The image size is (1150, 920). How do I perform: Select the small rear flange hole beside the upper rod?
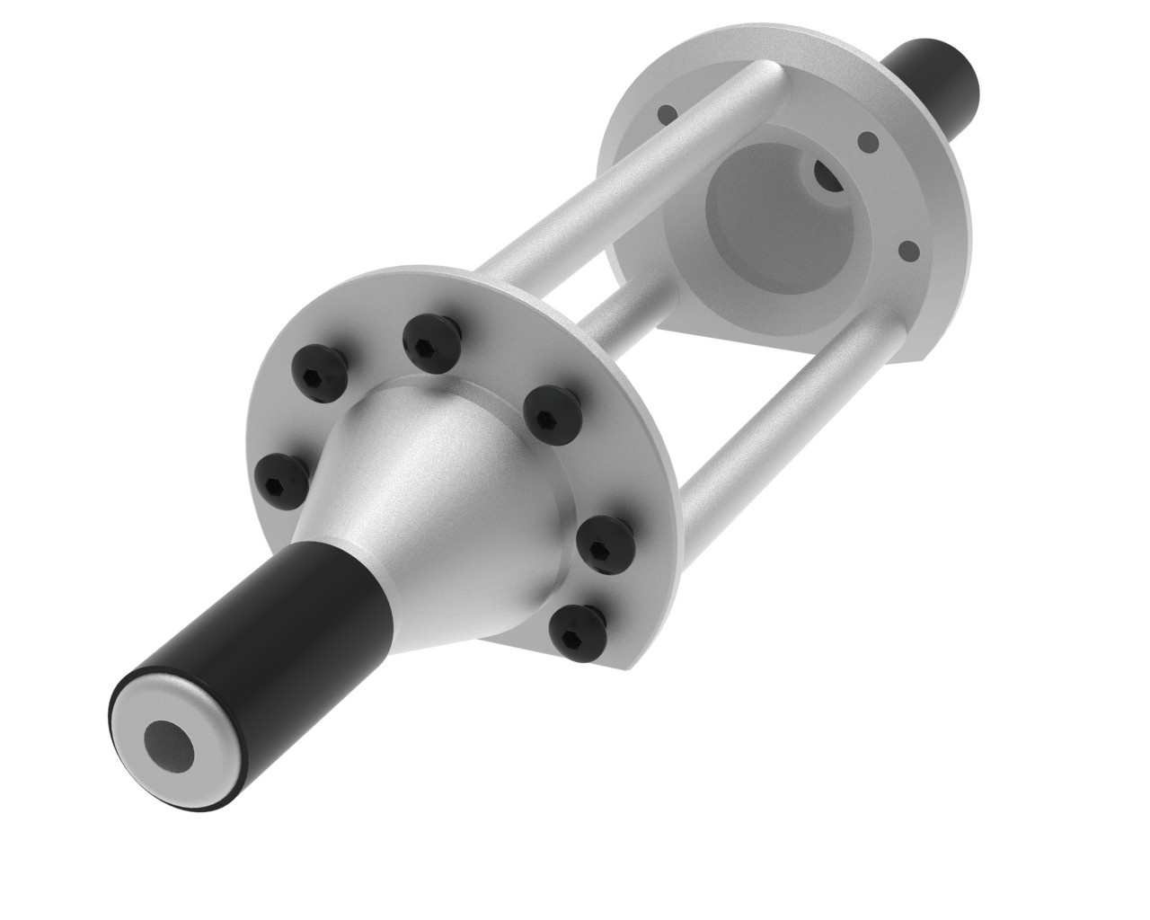(x=666, y=114)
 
